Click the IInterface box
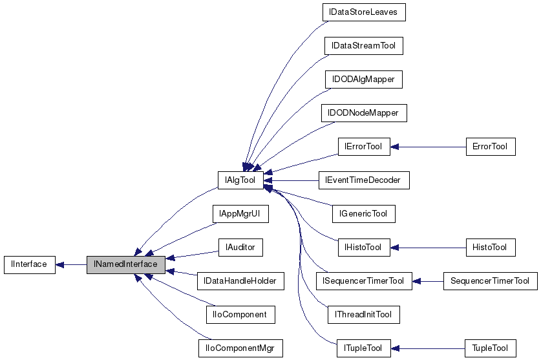point(29,264)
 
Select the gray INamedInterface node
point(126,264)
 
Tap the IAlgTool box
point(240,180)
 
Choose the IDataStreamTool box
point(364,46)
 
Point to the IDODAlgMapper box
point(364,79)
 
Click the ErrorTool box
point(491,147)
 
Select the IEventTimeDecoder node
point(364,180)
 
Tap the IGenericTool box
point(363,213)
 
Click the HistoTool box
point(491,247)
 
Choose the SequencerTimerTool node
point(490,281)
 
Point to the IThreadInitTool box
point(363,315)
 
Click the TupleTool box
point(491,348)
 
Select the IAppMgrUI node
point(240,213)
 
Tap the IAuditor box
point(240,247)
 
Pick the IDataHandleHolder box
point(240,281)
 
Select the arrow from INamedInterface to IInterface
point(71,264)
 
